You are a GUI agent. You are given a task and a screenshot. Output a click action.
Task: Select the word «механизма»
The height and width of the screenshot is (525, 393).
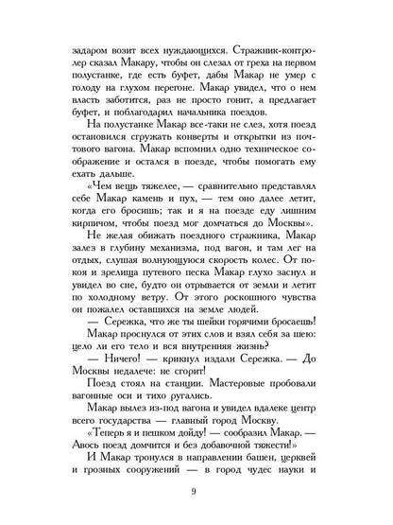(180, 274)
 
